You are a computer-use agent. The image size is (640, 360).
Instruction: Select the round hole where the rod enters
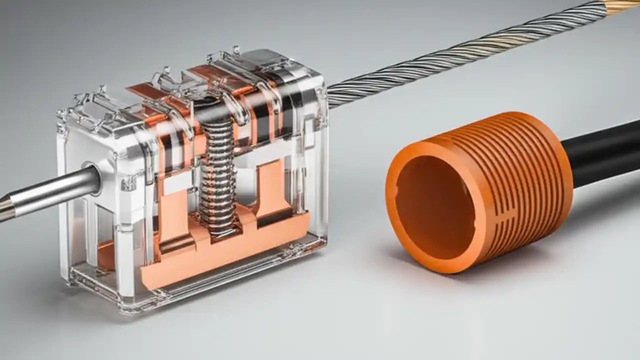(91, 178)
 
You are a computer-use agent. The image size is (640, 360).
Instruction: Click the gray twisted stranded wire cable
(450, 60)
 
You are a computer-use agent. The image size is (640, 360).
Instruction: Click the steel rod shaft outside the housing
(50, 192)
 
